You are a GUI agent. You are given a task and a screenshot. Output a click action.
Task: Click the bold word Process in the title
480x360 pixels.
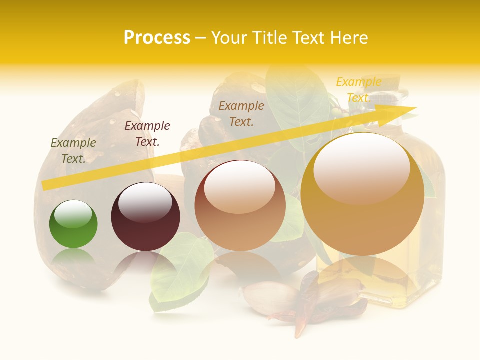pyautogui.click(x=157, y=38)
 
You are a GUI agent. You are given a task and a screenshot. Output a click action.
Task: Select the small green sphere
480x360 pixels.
pyautogui.click(x=73, y=224)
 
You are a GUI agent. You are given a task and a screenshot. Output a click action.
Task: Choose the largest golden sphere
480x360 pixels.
pyautogui.click(x=362, y=195)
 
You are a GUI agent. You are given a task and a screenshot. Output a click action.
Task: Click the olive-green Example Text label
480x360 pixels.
pyautogui.click(x=73, y=150)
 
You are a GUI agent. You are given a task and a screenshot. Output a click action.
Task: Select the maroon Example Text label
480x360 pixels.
pyautogui.click(x=147, y=133)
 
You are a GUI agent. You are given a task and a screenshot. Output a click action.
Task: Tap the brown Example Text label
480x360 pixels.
pyautogui.click(x=241, y=113)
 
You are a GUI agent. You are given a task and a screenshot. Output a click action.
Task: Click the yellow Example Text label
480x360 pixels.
pyautogui.click(x=358, y=89)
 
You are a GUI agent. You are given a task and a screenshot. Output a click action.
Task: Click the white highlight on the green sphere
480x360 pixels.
pyautogui.click(x=73, y=214)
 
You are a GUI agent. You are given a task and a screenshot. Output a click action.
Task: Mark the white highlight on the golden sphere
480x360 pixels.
pyautogui.click(x=361, y=167)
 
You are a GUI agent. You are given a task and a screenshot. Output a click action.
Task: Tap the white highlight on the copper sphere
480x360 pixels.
pyautogui.click(x=240, y=186)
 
